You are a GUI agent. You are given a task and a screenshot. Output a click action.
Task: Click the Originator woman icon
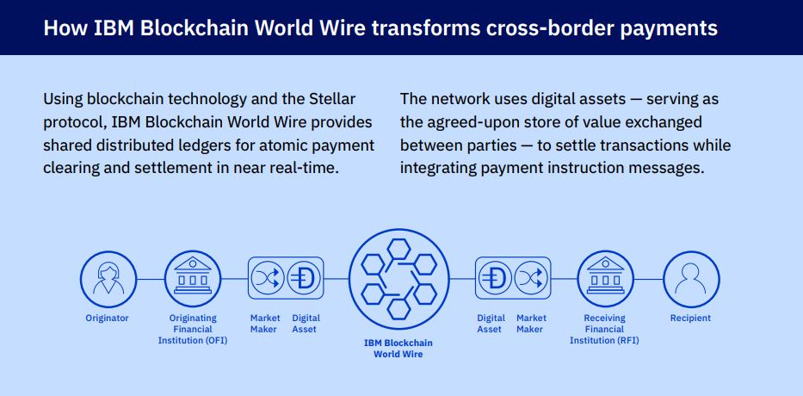108,279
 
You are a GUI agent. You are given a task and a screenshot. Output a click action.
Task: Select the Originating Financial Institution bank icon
193,279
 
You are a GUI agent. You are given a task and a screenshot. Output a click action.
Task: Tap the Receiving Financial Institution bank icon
605,279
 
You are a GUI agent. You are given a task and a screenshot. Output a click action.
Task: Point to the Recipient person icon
691,279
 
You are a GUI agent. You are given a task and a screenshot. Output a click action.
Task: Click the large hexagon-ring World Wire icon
399,279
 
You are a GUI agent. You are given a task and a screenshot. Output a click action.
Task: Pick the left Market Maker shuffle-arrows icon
268,278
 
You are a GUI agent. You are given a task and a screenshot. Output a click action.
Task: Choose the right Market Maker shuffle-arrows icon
531,278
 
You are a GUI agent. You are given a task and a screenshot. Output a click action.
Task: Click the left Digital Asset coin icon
304,278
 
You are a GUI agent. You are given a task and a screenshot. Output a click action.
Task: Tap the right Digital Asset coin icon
495,278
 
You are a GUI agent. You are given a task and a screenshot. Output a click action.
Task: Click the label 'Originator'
107,319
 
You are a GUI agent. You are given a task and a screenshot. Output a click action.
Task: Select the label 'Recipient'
691,319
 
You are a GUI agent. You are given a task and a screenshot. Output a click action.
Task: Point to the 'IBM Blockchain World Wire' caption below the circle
398,349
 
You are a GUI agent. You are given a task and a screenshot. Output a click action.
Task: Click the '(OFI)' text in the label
216,340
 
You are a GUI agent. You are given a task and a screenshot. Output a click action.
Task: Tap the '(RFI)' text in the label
628,340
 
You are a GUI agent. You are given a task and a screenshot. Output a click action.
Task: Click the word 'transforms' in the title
426,28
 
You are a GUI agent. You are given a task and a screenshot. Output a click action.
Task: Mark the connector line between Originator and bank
151,279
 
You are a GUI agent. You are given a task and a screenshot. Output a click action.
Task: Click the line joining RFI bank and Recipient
648,279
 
